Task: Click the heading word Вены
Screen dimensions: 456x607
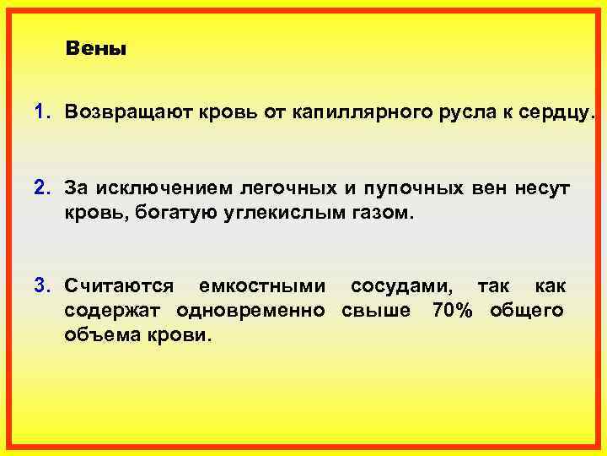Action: [95, 49]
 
